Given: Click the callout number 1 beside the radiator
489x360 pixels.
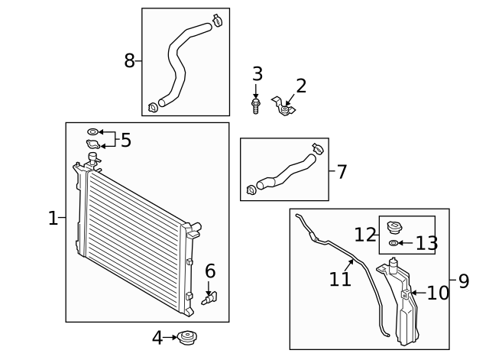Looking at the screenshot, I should coord(52,219).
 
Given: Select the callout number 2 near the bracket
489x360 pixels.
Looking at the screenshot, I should coord(301,86).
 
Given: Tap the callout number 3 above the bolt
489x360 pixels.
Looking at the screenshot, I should coord(257,74).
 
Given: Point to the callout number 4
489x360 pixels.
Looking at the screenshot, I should coord(157,337).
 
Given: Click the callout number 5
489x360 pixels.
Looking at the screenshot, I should coord(126,140).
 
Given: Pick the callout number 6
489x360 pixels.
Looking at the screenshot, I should coord(210,271).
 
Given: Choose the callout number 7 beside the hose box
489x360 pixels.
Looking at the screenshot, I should coord(341,172).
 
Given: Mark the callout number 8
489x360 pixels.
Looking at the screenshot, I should coord(130,60).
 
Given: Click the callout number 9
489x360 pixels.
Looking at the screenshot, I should coord(463,281).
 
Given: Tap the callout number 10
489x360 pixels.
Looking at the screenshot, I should coord(438,293).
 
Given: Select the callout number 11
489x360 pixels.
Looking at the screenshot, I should coord(340,279).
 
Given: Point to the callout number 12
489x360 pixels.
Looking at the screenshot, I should coord(365,234).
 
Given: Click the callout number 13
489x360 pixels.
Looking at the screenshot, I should coord(426,243).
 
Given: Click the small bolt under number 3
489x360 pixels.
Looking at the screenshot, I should coord(256,106).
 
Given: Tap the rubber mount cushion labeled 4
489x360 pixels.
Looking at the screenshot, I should coord(187,337).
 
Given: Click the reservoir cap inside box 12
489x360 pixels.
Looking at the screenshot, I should coord(395,228).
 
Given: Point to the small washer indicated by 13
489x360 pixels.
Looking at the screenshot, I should coord(393,243).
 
